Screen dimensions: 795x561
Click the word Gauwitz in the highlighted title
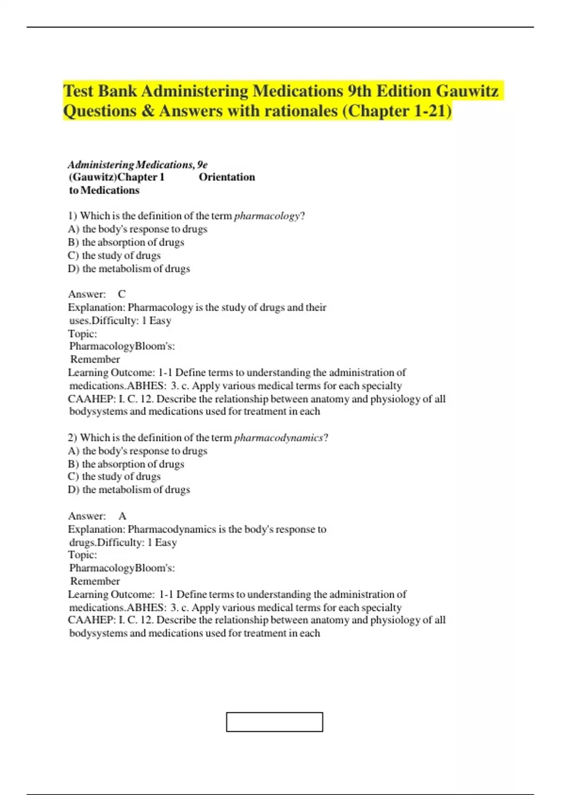pos(467,91)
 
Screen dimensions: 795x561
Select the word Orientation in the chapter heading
pos(227,177)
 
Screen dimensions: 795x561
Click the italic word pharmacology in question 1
pos(266,216)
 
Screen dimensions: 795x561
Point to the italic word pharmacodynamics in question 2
pos(278,438)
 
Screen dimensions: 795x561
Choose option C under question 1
pos(115,255)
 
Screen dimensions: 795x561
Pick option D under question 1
pos(129,269)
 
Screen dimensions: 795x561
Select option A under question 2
pos(137,451)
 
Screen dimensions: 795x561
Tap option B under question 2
pos(126,464)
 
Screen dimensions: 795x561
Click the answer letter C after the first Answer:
pos(122,294)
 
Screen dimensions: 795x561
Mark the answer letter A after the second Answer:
pos(122,516)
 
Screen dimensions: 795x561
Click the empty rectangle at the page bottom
pos(274,722)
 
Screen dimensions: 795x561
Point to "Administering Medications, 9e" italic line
pos(137,165)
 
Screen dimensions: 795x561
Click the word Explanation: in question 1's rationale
pos(96,308)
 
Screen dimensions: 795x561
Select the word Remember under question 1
pos(95,360)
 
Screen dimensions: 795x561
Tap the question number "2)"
pos(72,438)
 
